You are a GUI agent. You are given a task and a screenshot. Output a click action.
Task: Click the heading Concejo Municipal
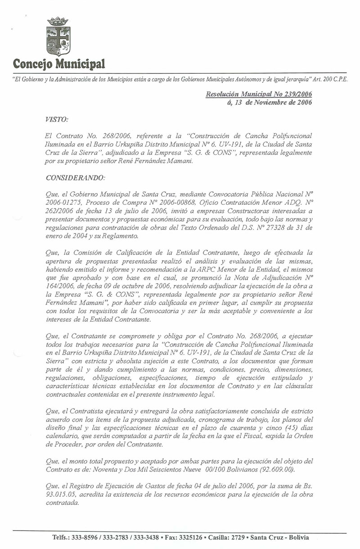tap(58, 63)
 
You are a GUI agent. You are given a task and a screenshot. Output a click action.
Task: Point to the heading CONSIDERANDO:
tap(75, 177)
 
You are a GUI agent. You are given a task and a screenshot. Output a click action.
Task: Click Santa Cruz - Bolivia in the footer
tap(280, 538)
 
